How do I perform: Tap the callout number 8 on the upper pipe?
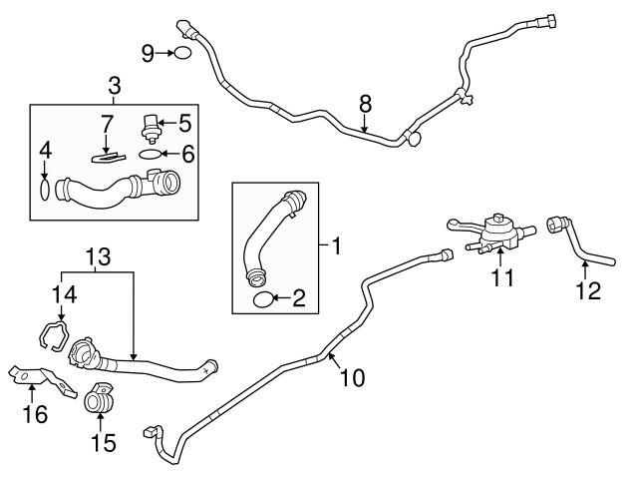[365, 102]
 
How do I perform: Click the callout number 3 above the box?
[114, 87]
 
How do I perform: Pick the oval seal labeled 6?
[148, 154]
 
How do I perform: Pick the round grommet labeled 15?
[99, 398]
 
